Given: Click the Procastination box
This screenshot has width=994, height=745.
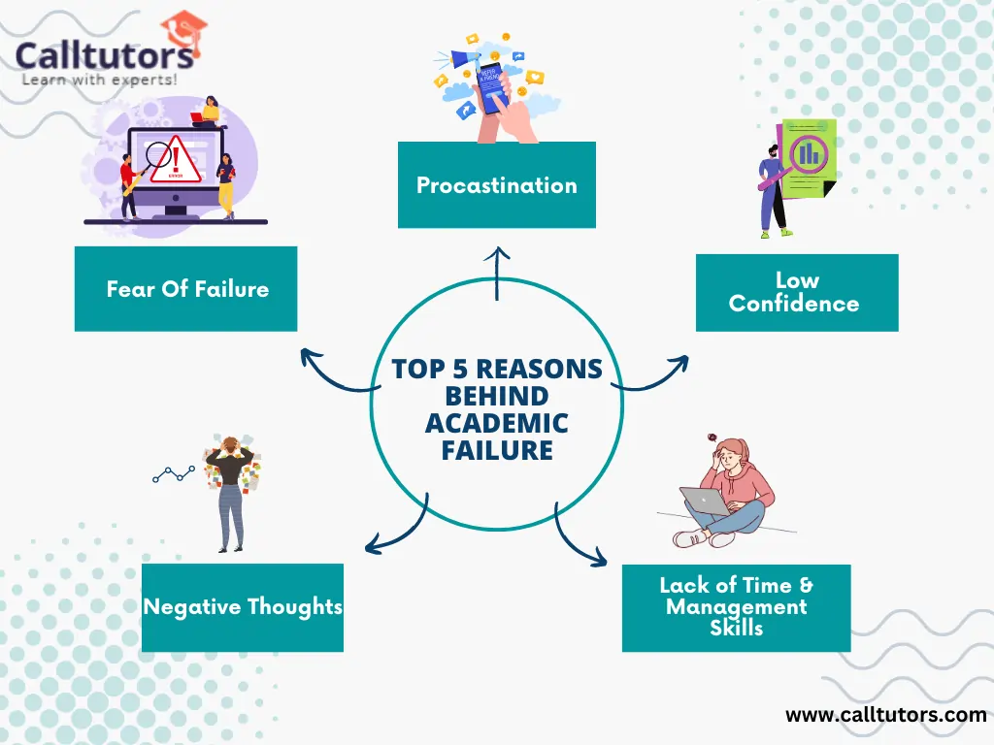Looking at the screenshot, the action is click(x=496, y=184).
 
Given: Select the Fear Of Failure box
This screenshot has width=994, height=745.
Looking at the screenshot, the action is click(x=185, y=289).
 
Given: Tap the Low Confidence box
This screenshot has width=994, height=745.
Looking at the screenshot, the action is click(x=797, y=293).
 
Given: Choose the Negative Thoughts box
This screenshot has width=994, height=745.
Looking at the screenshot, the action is click(x=242, y=607).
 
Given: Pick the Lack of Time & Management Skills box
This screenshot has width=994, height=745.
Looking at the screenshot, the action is click(x=736, y=608).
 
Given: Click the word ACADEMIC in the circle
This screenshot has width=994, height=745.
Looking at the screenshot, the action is click(x=496, y=423).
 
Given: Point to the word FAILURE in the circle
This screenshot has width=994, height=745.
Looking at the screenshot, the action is click(x=497, y=450).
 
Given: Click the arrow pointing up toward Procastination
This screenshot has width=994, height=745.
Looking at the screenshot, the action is click(x=497, y=274).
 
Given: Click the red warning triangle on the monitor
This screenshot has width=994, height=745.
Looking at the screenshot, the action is click(x=176, y=161).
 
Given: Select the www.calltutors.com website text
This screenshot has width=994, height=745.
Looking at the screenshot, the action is click(x=885, y=715).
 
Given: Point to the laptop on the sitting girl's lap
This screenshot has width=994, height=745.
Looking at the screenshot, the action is click(x=706, y=501).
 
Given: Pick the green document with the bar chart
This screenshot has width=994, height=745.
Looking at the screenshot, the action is click(x=808, y=158).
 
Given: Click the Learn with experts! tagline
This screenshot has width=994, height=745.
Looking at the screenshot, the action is click(x=100, y=80).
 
